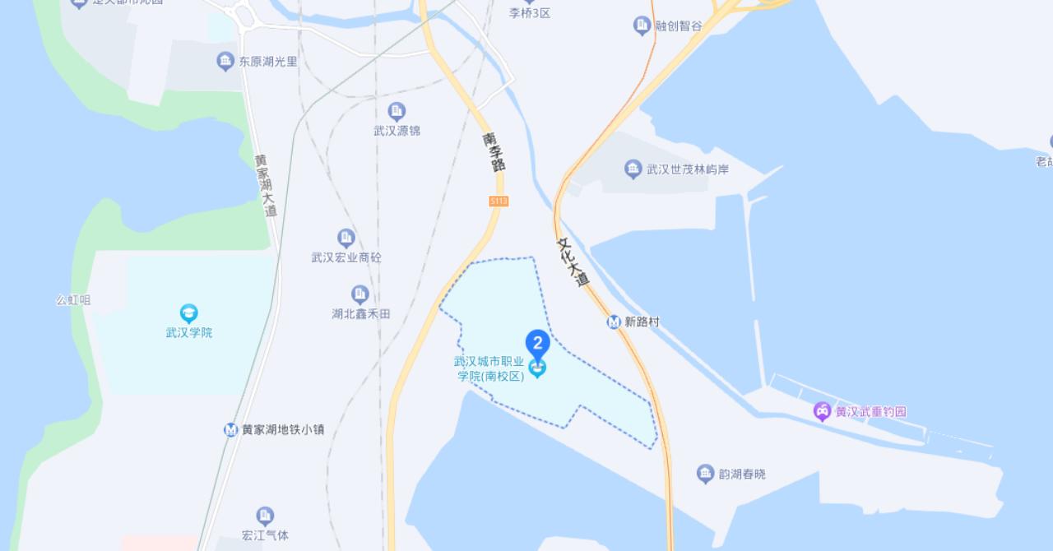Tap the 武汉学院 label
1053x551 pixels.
(189, 333)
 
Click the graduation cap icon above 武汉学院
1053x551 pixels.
(189, 313)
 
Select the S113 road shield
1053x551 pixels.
(499, 201)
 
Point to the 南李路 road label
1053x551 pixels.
(494, 152)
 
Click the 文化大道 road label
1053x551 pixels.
(573, 262)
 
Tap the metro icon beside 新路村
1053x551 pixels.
(614, 322)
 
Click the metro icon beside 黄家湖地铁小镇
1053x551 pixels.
(231, 430)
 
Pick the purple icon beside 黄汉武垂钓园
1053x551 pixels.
(822, 411)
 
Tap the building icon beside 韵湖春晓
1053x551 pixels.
(705, 474)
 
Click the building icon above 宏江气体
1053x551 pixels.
(265, 516)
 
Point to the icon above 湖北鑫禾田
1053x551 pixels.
(360, 294)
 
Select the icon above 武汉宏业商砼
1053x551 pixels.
(346, 238)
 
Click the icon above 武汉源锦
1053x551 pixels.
(397, 111)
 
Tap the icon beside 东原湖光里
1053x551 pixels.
(225, 61)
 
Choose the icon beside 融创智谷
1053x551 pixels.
(642, 25)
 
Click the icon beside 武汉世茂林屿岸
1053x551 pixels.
(633, 169)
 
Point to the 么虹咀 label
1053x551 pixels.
(73, 300)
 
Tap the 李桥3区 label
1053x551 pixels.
(529, 13)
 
